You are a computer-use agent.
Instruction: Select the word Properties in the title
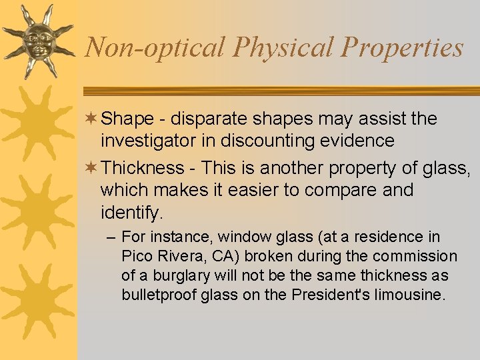point(403,47)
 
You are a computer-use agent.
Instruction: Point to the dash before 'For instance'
point(111,237)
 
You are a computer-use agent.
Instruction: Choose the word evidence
point(361,141)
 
